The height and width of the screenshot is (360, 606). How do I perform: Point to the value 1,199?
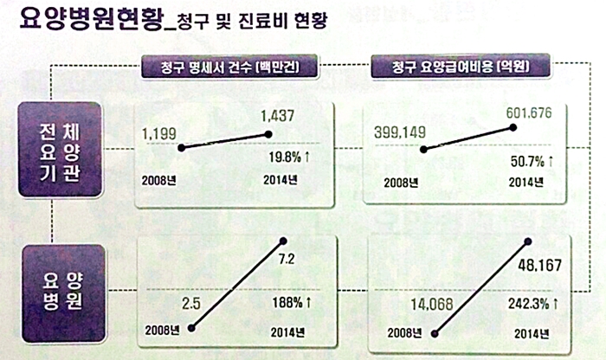(x=162, y=134)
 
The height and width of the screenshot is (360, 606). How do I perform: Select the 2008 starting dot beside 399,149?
(x=423, y=150)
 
